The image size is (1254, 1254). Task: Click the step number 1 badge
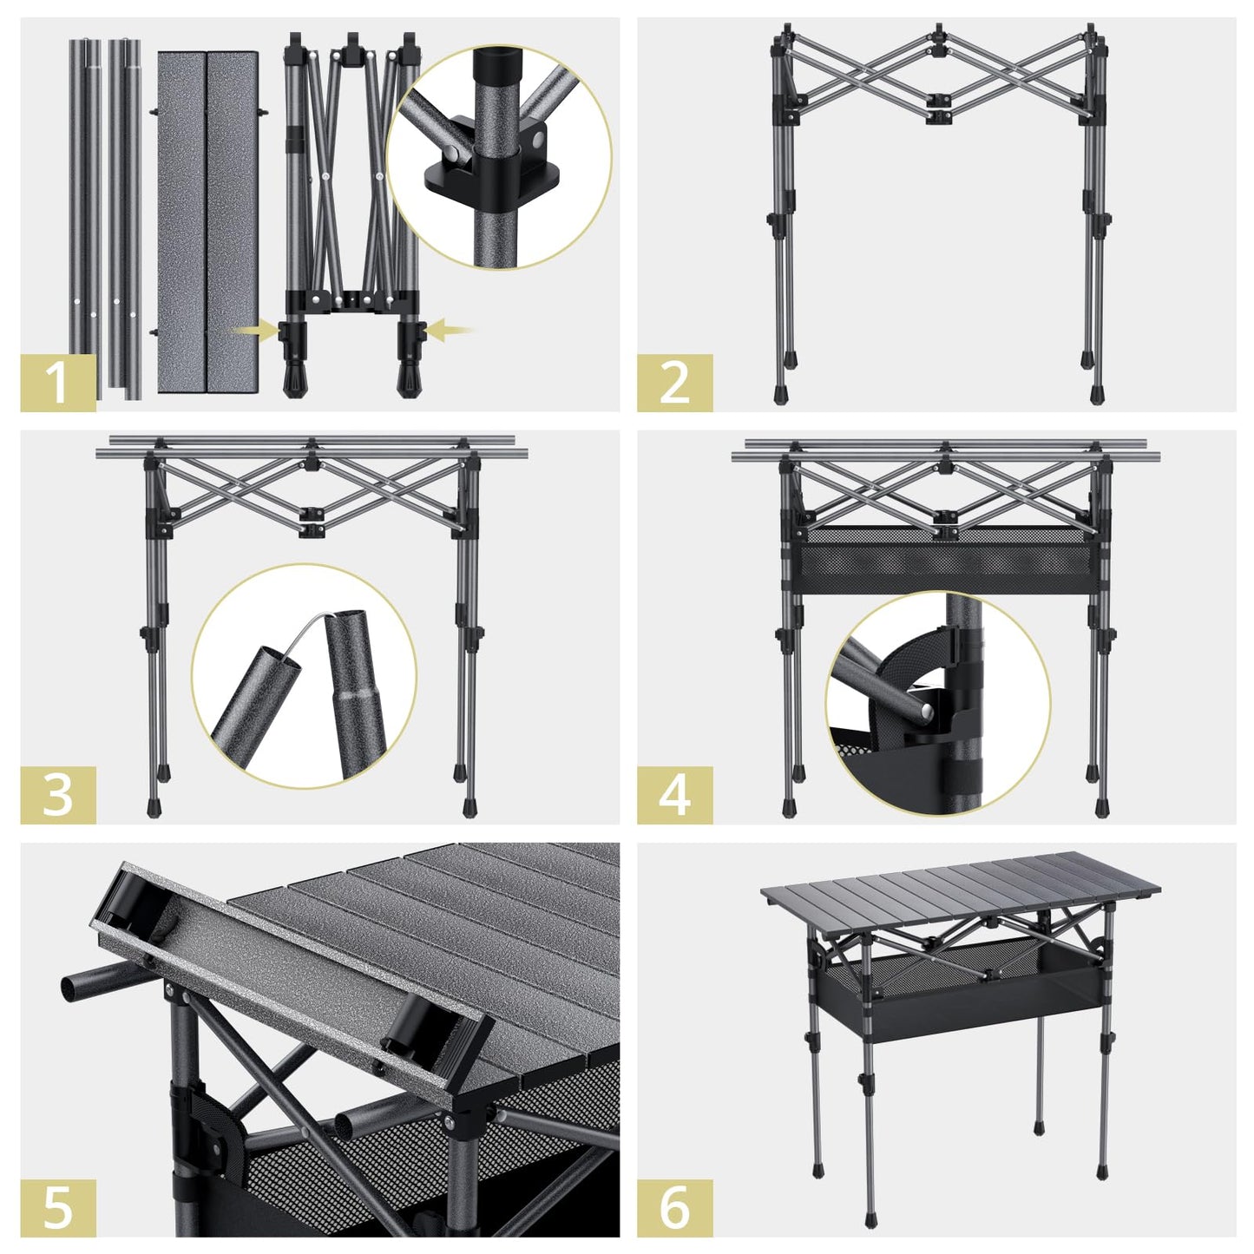(58, 383)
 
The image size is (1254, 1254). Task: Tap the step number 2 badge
(674, 383)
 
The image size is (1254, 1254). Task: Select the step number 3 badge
(58, 795)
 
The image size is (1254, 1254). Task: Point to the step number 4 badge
(674, 795)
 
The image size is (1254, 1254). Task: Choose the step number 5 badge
(58, 1207)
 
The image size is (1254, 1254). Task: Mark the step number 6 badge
(674, 1207)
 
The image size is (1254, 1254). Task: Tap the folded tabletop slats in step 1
(207, 221)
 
